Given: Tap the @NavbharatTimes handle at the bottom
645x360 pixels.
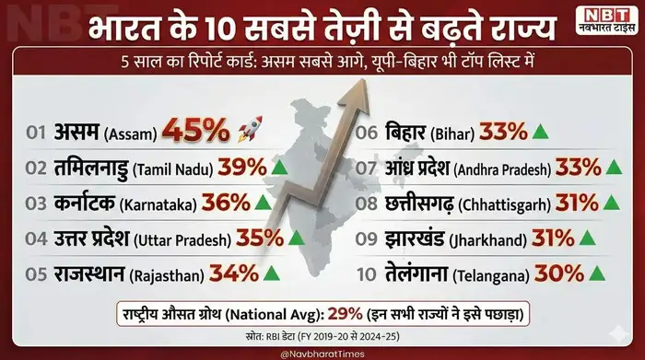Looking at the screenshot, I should (323, 352).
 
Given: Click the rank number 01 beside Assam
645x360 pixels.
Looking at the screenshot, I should (36, 132).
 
